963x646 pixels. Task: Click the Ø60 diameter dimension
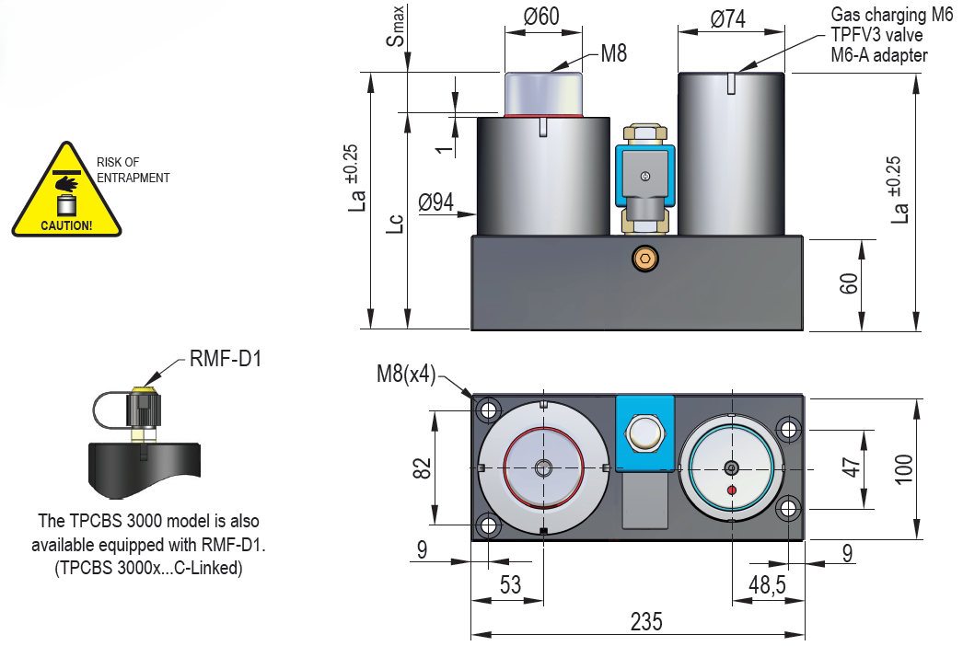pos(541,17)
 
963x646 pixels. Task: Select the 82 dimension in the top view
pos(423,467)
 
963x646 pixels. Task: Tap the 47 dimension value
pos(853,467)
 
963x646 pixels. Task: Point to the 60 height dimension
pos(850,283)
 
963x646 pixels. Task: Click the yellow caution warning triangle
pos(66,193)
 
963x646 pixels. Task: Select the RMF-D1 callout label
pos(226,358)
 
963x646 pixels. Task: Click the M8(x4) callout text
pos(406,375)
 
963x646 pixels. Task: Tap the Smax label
pos(395,27)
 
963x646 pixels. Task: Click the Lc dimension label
pos(394,224)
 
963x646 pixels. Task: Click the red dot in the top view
pos(732,490)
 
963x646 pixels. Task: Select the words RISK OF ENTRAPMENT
pos(133,170)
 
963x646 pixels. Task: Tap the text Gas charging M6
pos(891,15)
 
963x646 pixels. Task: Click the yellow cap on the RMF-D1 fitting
pos(143,394)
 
